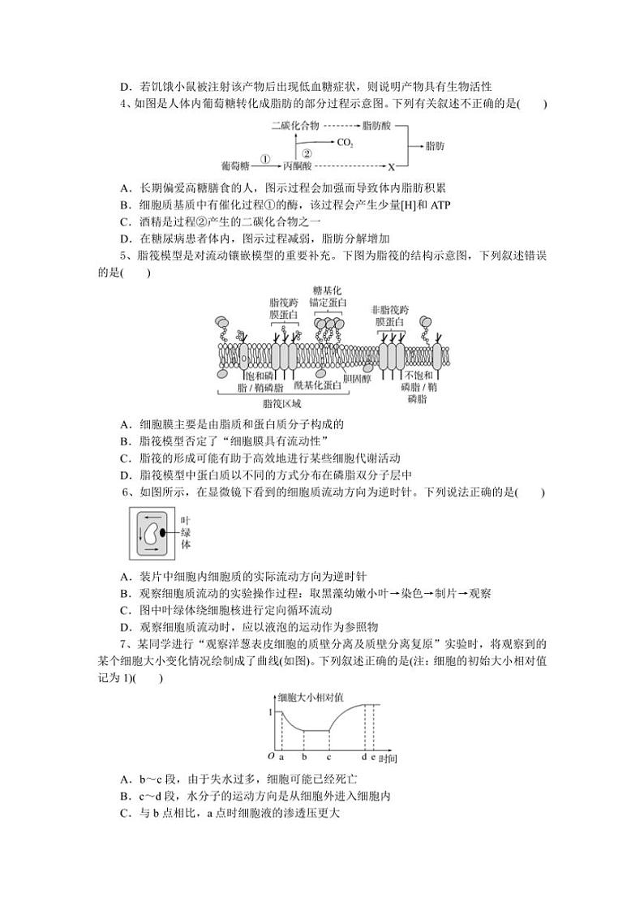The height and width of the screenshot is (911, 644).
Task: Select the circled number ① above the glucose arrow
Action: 264,158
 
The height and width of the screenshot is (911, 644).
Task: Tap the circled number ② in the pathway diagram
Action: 306,153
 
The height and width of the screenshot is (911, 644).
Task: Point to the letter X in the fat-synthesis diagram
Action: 391,167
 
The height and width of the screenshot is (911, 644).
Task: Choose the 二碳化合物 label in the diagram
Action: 296,127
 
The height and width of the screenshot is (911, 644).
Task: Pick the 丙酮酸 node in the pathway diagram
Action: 297,167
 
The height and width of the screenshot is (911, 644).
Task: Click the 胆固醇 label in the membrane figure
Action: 356,377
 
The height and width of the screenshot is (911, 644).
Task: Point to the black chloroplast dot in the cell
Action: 163,532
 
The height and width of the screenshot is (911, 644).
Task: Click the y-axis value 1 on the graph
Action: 270,711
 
